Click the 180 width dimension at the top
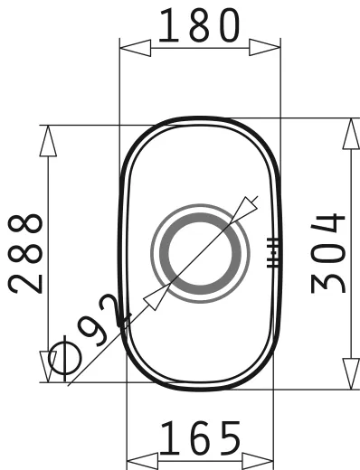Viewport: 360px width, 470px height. tap(200, 27)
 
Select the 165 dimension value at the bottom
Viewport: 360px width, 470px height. tap(201, 440)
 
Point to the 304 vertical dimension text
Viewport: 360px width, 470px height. tap(328, 252)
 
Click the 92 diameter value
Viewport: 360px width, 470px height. tap(103, 321)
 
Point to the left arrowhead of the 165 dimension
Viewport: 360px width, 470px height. tap(137, 455)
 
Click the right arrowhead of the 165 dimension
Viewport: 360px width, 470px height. tap(262, 455)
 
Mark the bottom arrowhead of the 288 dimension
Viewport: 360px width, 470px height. tap(46, 369)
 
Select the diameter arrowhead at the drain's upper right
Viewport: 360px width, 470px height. tap(243, 210)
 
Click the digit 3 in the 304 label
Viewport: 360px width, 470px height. tap(328, 279)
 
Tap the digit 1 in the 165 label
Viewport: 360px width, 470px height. tap(168, 440)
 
